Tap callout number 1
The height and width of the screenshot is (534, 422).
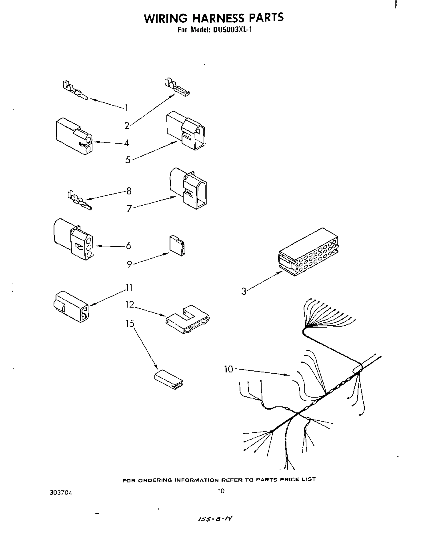point(126,108)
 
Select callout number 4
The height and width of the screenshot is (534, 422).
point(126,143)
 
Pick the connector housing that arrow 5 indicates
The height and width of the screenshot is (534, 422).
point(187,130)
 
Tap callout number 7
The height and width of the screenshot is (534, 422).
point(129,208)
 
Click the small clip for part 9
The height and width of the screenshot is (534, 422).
point(177,245)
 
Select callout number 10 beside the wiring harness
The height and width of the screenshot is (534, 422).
point(228,369)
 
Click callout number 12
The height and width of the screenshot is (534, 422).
point(129,305)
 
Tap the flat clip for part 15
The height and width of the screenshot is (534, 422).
point(169,379)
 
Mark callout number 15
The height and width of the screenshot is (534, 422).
point(130,323)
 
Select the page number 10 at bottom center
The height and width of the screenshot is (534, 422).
point(221,491)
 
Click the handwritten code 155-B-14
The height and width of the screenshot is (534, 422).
point(215,519)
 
